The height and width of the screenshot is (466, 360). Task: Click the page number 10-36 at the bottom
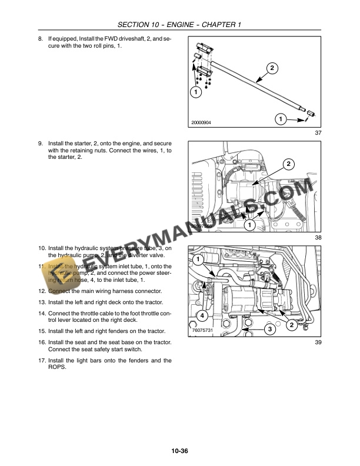pyautogui.click(x=179, y=451)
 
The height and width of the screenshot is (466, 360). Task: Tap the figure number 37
pyautogui.click(x=318, y=133)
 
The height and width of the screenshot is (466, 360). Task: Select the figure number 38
pyautogui.click(x=318, y=237)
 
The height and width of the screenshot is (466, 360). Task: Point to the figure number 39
pyautogui.click(x=318, y=342)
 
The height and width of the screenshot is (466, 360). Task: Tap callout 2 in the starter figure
pyautogui.click(x=288, y=163)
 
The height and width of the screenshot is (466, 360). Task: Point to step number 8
pyautogui.click(x=40, y=39)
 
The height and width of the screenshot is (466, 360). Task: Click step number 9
pyautogui.click(x=40, y=143)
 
